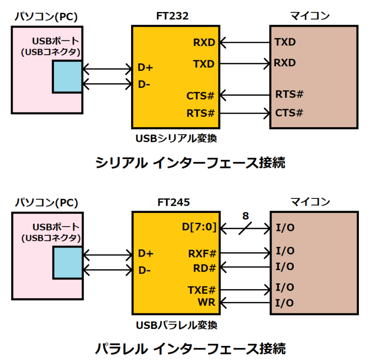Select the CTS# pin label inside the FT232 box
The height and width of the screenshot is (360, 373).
(x=200, y=96)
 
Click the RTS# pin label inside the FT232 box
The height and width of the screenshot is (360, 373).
(x=200, y=114)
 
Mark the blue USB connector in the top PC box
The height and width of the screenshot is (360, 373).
(x=68, y=77)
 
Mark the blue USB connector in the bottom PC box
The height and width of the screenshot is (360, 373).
(x=68, y=263)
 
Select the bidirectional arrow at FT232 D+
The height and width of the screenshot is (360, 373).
(x=107, y=67)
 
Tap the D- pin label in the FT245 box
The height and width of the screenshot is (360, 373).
(x=144, y=269)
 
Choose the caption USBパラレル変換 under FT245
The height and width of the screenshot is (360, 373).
(x=175, y=325)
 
